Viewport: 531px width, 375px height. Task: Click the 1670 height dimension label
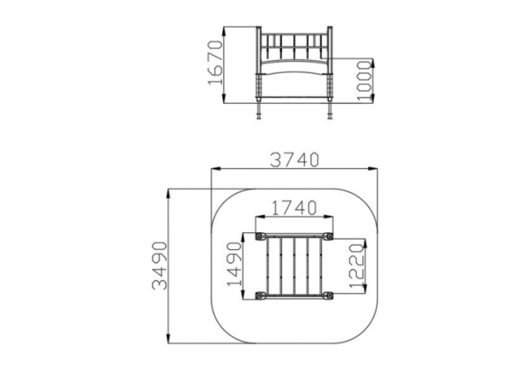pos(216,62)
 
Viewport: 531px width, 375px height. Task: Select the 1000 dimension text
pos(365,80)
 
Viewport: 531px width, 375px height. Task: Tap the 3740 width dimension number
pos(294,160)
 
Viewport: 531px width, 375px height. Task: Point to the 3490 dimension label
pos(159,266)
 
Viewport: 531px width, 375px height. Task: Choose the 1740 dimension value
pos(294,208)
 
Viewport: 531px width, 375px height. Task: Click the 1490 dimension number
pos(235,264)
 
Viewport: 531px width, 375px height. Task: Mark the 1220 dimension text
pos(357,266)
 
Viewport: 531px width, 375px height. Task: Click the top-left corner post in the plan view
pos(260,236)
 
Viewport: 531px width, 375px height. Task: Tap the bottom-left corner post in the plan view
pos(260,296)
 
